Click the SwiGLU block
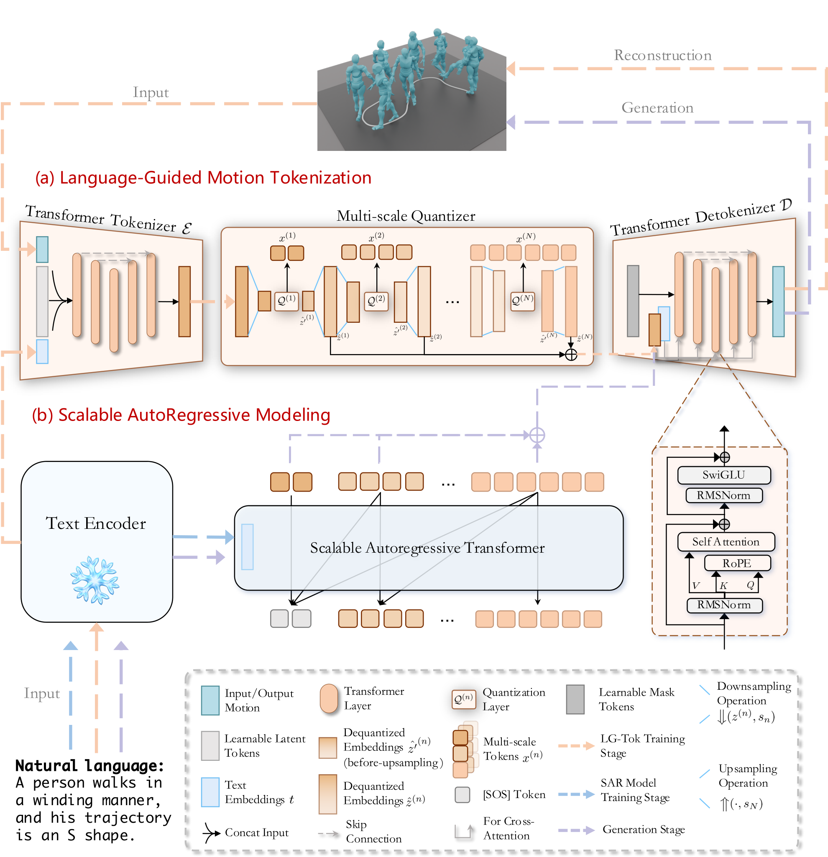coord(723,475)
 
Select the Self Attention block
coord(726,542)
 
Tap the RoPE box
coord(737,563)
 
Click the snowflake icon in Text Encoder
coord(95,580)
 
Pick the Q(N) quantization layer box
coord(523,301)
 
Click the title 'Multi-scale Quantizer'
coord(406,216)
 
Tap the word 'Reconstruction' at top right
coord(663,55)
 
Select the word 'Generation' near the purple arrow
coord(657,107)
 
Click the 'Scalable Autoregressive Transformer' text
coord(427,548)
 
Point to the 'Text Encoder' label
coord(96,523)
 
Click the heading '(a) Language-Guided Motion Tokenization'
coord(203,178)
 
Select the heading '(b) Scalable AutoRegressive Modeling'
coord(181,415)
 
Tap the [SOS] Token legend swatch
coord(463,794)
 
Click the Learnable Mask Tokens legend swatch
coord(575,699)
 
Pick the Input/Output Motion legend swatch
coord(210,701)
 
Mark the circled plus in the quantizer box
coord(571,355)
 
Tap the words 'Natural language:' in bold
coord(89,765)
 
